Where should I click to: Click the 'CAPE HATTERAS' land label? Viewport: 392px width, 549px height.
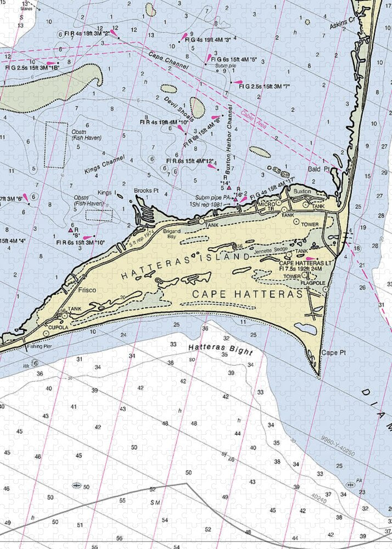(248, 295)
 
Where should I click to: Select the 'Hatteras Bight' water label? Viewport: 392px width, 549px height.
(220, 349)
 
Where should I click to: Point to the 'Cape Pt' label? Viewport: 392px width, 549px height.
(331, 352)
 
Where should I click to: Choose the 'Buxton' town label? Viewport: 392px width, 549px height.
(301, 191)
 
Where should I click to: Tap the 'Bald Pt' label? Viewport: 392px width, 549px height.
(318, 169)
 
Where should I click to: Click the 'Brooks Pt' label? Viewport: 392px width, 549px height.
(147, 191)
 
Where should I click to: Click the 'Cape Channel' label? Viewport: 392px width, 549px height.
(168, 60)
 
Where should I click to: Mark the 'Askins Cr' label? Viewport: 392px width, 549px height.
(342, 25)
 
